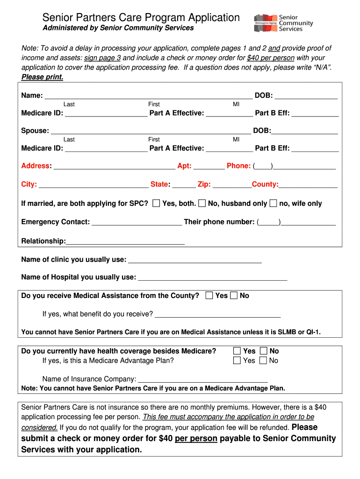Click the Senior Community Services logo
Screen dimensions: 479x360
[x=283, y=22]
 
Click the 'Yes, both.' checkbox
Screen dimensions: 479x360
[x=156, y=203]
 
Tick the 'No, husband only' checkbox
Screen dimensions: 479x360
[x=202, y=203]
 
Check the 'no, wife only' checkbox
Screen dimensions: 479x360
[x=274, y=203]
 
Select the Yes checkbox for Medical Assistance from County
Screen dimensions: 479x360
[x=209, y=296]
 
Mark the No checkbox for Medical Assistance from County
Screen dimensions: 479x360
[x=234, y=296]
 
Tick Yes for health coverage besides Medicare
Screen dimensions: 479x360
[x=237, y=351]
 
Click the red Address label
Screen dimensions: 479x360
[x=36, y=166]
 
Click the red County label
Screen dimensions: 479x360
[x=265, y=184]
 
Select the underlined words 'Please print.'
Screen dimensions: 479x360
[x=43, y=77]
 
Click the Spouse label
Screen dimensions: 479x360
[x=35, y=131]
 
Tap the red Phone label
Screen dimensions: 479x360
[x=238, y=166]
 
